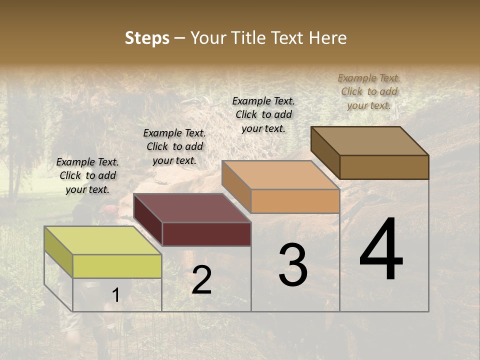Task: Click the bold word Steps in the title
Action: pyautogui.click(x=147, y=38)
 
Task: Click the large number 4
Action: pyautogui.click(x=381, y=250)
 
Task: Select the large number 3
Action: pyautogui.click(x=293, y=265)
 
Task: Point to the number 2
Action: pyautogui.click(x=201, y=280)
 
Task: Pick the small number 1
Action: pyautogui.click(x=115, y=295)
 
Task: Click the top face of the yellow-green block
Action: pyautogui.click(x=102, y=240)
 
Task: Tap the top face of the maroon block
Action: pyautogui.click(x=192, y=208)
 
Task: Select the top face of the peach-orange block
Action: pyautogui.click(x=280, y=175)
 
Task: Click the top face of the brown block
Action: pyautogui.click(x=370, y=140)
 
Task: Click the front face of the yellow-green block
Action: pyautogui.click(x=117, y=266)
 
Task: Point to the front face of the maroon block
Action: pyautogui.click(x=206, y=234)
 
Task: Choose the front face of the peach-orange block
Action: pyautogui.click(x=295, y=201)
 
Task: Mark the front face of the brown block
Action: pyautogui.click(x=384, y=167)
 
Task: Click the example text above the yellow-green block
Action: pyautogui.click(x=87, y=175)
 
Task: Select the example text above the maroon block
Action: pyautogui.click(x=174, y=146)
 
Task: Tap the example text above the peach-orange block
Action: pyautogui.click(x=263, y=114)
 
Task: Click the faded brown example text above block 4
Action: pyautogui.click(x=369, y=91)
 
